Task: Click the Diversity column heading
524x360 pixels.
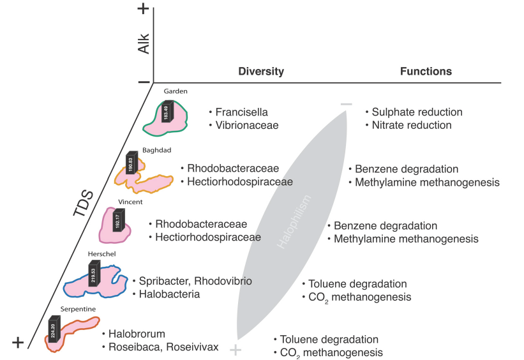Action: pos(261,71)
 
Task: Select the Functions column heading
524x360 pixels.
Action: pos(426,71)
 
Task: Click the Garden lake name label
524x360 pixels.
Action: pos(176,91)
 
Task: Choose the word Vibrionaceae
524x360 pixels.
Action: pos(247,125)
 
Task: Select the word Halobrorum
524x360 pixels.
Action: pos(137,334)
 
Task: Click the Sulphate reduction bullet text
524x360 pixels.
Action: pos(417,112)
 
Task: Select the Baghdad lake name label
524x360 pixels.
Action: pos(139,150)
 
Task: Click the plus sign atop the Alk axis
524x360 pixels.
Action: pos(144,9)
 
